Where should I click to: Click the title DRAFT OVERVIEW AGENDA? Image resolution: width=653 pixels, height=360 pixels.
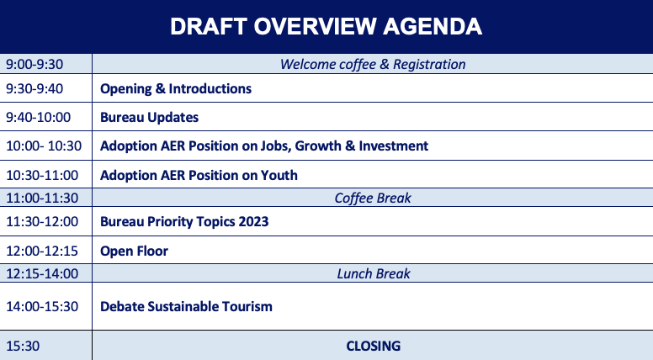pyautogui.click(x=326, y=27)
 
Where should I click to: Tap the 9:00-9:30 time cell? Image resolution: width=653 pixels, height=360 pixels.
pyautogui.click(x=35, y=64)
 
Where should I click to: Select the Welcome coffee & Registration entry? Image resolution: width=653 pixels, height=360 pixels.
pyautogui.click(x=373, y=65)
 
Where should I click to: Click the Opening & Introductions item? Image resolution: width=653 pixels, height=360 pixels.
pyautogui.click(x=176, y=88)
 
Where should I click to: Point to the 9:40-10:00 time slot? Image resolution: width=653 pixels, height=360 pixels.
pyautogui.click(x=39, y=118)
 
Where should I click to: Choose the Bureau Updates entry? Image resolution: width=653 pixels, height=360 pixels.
pyautogui.click(x=149, y=118)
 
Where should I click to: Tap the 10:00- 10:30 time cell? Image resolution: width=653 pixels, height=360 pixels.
pyautogui.click(x=44, y=146)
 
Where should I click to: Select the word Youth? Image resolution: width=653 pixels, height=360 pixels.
pyautogui.click(x=279, y=175)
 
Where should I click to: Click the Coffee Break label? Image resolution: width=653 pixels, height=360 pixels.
pyautogui.click(x=373, y=199)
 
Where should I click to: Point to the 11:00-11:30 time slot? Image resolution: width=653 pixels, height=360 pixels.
pyautogui.click(x=42, y=199)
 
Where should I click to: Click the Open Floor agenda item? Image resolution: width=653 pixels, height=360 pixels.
pyautogui.click(x=134, y=251)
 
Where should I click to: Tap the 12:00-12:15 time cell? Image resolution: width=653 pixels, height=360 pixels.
pyautogui.click(x=42, y=251)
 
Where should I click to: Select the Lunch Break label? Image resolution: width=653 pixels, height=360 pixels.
pyautogui.click(x=374, y=273)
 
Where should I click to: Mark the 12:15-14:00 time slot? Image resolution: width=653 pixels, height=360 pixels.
pyautogui.click(x=42, y=273)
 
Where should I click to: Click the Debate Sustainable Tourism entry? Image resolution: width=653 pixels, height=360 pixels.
pyautogui.click(x=186, y=307)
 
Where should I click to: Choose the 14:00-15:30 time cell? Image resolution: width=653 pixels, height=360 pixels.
pyautogui.click(x=42, y=307)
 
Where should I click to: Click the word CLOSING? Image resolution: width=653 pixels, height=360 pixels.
pyautogui.click(x=373, y=346)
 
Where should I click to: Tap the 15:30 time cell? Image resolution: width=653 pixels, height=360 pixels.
pyautogui.click(x=23, y=346)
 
